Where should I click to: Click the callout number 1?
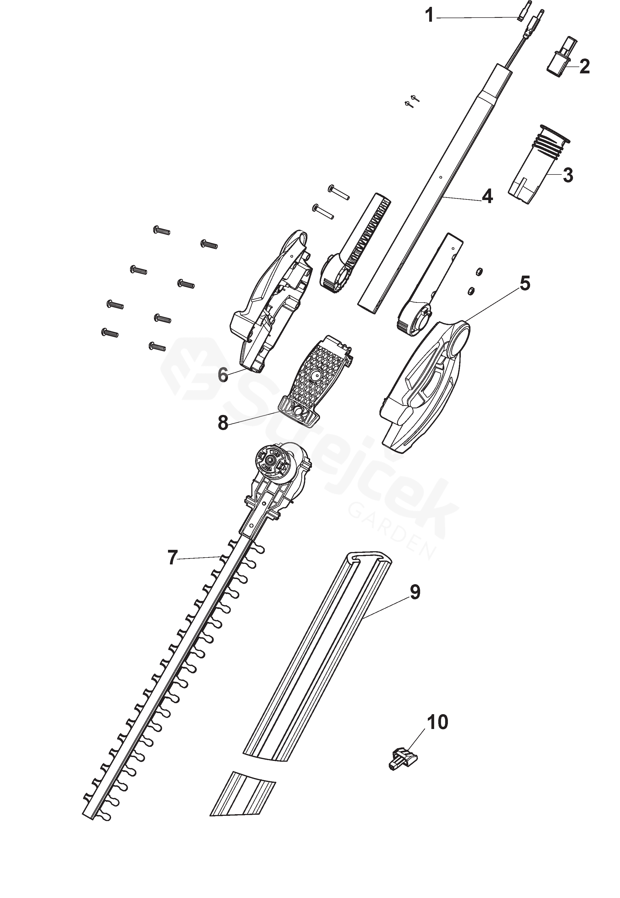[429, 16]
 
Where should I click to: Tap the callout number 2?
[584, 66]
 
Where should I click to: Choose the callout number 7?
[172, 558]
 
